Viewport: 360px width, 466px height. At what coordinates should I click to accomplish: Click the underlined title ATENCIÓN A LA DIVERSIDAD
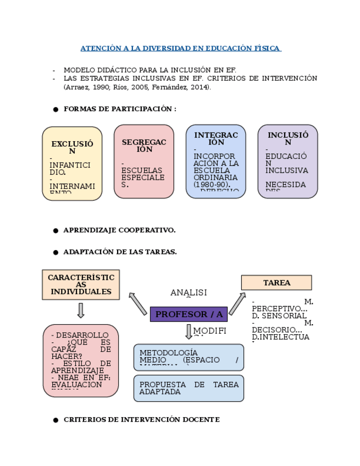coord(180,48)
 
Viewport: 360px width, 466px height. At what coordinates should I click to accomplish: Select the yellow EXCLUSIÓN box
coord(72,163)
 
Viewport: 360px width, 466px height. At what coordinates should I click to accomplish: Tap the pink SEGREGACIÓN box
coord(143,161)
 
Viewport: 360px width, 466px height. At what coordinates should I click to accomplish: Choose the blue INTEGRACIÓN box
coord(215,161)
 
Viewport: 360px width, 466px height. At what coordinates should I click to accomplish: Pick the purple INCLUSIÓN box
coord(287,161)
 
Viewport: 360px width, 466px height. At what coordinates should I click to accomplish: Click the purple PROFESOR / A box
coord(189,314)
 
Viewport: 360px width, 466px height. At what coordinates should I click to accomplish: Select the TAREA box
coord(276,282)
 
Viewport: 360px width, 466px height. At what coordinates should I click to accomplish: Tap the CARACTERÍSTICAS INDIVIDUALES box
coord(81,284)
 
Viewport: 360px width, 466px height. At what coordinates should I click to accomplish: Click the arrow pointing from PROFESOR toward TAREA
coord(237,304)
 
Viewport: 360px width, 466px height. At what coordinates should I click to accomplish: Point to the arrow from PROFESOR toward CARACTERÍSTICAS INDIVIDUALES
coord(137,303)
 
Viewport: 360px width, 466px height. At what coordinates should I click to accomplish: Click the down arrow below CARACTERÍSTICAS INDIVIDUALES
coord(81,310)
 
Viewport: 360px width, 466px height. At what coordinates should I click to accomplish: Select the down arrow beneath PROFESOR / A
coord(189,331)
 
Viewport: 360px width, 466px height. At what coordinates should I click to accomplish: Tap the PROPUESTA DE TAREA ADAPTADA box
coord(189,388)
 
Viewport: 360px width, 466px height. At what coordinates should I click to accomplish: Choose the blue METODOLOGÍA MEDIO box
coord(189,357)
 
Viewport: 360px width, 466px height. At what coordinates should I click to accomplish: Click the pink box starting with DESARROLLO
coord(81,360)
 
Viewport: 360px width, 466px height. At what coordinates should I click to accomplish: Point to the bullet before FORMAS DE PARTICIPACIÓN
coord(56,109)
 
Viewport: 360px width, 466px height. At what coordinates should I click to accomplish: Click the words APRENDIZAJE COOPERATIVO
coord(119,230)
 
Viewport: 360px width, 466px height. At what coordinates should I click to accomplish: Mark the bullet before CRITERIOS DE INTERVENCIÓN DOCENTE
coord(56,420)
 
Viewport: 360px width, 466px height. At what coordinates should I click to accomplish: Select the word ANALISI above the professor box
coord(189,293)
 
